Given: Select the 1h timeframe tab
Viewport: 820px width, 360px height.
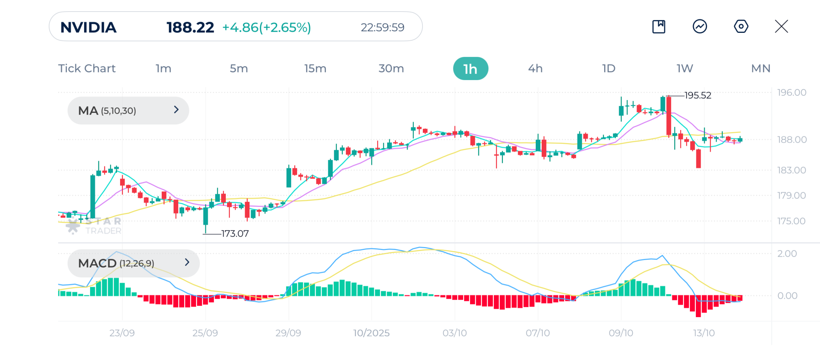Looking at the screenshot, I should coord(470,69).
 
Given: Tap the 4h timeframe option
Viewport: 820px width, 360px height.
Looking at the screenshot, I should coord(535,68).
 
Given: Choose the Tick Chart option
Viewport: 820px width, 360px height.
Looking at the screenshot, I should coord(87,68).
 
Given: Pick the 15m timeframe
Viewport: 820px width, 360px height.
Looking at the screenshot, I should coord(315,68).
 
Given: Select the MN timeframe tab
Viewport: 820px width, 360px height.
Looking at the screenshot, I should coord(760,68).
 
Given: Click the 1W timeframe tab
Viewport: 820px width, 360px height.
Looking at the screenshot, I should coord(685,68).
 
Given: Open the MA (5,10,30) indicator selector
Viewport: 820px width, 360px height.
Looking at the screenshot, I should coord(128,111).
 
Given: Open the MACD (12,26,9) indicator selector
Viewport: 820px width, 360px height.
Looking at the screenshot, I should coord(133,263).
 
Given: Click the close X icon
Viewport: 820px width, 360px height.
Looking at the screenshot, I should coord(781,27).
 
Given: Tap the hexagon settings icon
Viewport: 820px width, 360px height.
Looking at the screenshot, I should coord(741,27).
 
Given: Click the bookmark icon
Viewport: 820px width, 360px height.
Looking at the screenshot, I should coord(659,27).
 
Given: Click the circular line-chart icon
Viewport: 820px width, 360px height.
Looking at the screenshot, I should coord(699,27).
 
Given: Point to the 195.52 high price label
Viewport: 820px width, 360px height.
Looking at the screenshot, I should coord(697,96).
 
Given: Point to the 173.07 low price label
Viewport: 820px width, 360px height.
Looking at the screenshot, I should coord(235,234).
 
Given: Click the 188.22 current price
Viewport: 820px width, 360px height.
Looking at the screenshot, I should coord(190,28).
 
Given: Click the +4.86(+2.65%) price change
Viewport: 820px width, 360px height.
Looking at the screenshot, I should coord(267,28).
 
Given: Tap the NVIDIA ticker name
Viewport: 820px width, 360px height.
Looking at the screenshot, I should coord(88,28).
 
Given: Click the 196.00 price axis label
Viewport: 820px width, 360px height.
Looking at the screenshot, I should coord(792,93).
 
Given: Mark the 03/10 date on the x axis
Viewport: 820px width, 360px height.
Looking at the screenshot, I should coord(454,333).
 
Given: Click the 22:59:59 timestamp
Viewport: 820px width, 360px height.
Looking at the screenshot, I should coord(382,28).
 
